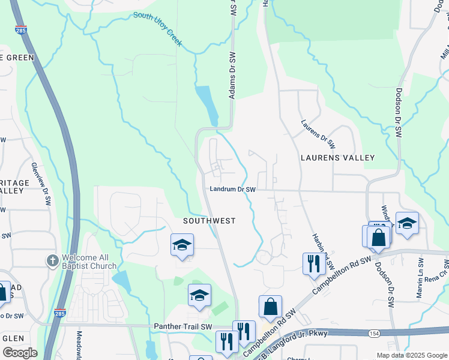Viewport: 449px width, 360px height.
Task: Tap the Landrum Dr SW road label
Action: click(233, 190)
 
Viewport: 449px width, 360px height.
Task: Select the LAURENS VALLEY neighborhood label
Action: click(339, 158)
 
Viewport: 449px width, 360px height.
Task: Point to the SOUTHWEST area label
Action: click(209, 221)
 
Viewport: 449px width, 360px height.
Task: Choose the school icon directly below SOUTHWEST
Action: click(182, 245)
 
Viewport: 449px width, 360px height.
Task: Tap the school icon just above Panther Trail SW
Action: click(199, 295)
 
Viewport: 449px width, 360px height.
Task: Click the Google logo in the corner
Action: click(19, 353)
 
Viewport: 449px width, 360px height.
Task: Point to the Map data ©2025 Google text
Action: click(411, 355)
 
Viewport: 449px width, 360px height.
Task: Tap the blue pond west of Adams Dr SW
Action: click(207, 106)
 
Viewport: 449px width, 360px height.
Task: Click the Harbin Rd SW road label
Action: click(321, 251)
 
